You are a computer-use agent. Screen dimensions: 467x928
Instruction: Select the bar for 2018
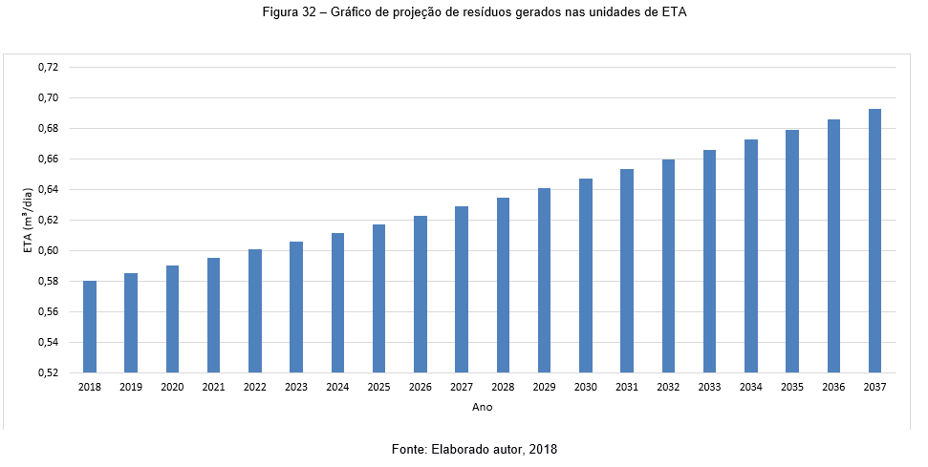pyautogui.click(x=90, y=327)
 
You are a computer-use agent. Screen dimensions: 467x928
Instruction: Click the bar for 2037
pyautogui.click(x=874, y=241)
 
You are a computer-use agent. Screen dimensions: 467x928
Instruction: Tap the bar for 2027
pyautogui.click(x=462, y=289)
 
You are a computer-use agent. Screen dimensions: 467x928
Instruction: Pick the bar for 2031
pyautogui.click(x=627, y=270)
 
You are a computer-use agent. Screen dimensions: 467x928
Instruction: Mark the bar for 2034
pyautogui.click(x=751, y=256)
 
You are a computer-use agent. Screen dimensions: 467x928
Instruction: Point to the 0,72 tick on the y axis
pyautogui.click(x=48, y=68)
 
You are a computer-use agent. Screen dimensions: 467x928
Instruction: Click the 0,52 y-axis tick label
pyautogui.click(x=48, y=372)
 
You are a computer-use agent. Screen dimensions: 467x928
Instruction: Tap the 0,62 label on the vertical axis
pyautogui.click(x=48, y=221)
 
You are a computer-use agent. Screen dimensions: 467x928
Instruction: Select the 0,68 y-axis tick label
pyautogui.click(x=48, y=129)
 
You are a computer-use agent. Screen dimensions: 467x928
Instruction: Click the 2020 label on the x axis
pyautogui.click(x=172, y=388)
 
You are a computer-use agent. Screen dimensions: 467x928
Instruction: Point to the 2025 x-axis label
pyautogui.click(x=378, y=388)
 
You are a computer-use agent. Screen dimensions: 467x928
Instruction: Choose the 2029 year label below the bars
pyautogui.click(x=544, y=388)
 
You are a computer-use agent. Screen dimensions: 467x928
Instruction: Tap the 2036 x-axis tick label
pyautogui.click(x=833, y=388)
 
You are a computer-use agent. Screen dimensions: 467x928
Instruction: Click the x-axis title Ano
pyautogui.click(x=482, y=407)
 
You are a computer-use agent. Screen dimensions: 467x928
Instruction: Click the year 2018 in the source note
pyautogui.click(x=542, y=449)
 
